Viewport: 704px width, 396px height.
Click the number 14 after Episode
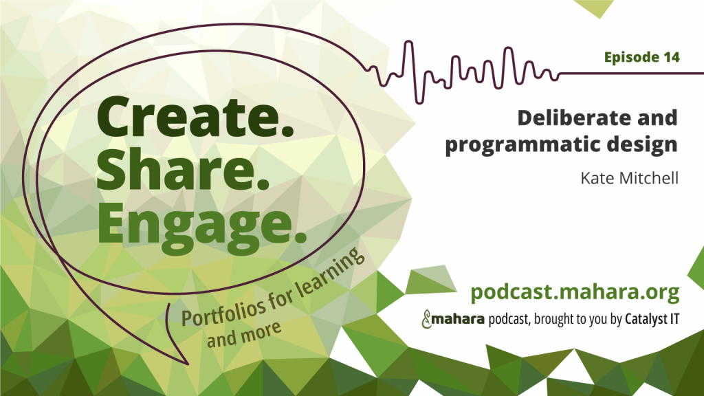pyautogui.click(x=671, y=57)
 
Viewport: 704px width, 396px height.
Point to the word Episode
pyautogui.click(x=631, y=58)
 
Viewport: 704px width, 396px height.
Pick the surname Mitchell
pyautogui.click(x=649, y=178)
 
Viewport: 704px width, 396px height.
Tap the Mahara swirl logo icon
pyautogui.click(x=426, y=319)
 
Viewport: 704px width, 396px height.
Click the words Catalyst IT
pyautogui.click(x=652, y=319)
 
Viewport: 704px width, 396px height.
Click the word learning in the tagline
pyautogui.click(x=329, y=269)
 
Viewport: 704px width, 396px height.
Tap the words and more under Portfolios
pyautogui.click(x=244, y=335)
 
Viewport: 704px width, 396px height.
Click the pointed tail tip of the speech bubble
pyautogui.click(x=187, y=364)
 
